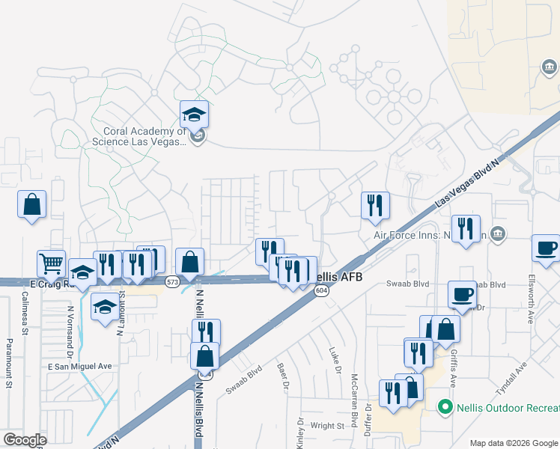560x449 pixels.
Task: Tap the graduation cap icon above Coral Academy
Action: point(194,114)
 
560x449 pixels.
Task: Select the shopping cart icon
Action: point(51,263)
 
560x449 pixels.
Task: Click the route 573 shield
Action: point(173,281)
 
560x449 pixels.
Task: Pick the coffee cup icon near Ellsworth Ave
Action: point(546,248)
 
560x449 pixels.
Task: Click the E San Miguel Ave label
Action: point(79,366)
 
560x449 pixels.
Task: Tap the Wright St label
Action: point(327,425)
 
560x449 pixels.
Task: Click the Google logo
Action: point(25,439)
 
